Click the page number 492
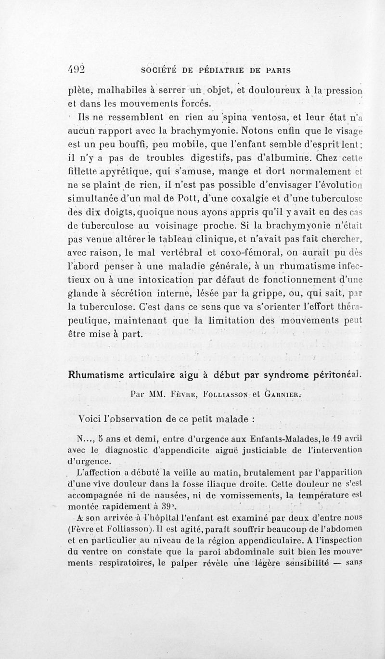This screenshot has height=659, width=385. point(76,69)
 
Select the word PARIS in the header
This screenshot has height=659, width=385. point(277,70)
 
